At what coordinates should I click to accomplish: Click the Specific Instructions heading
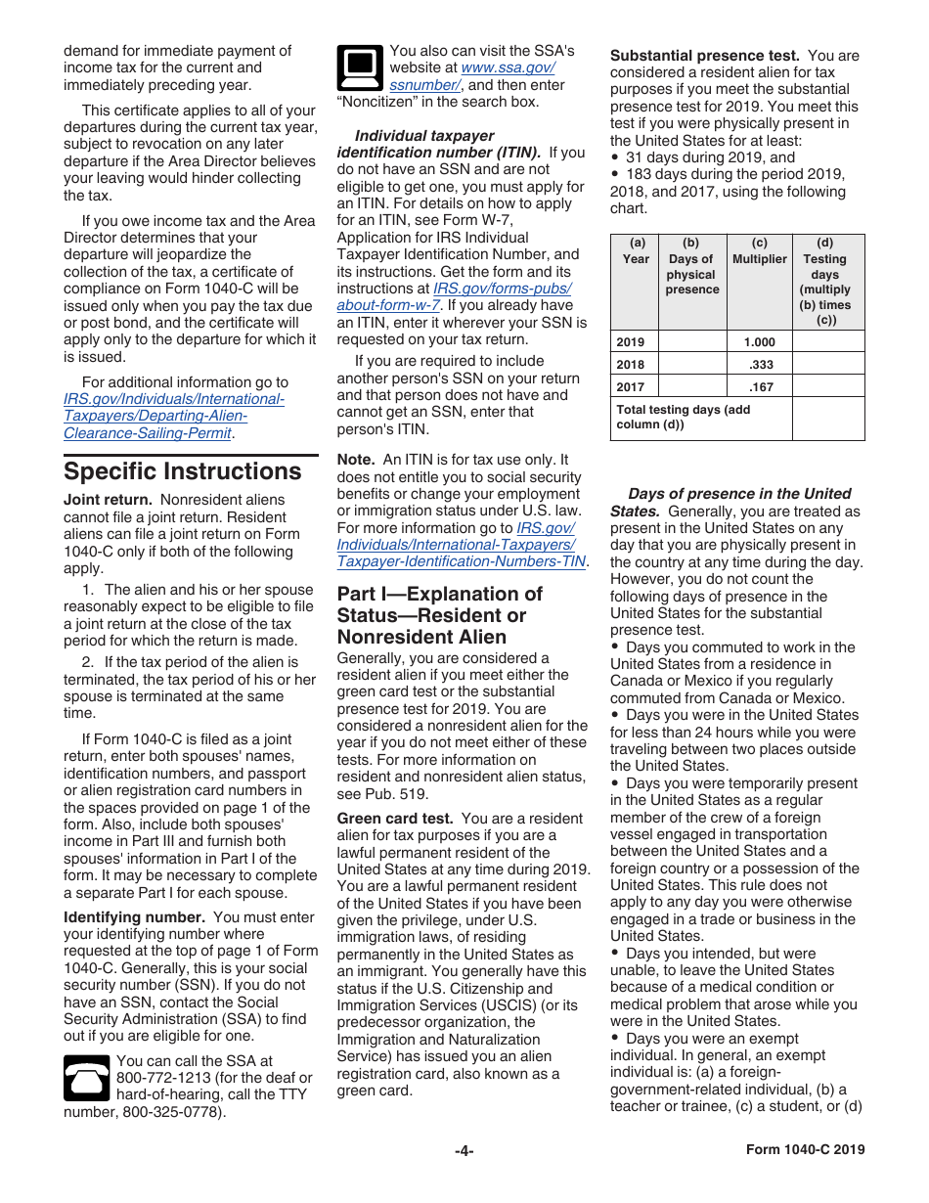tap(182, 471)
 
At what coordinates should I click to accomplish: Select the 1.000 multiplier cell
tap(759, 342)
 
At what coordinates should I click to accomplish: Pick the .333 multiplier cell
tap(759, 364)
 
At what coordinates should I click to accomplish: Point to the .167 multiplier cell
tap(759, 386)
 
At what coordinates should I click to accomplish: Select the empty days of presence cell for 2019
tap(692, 342)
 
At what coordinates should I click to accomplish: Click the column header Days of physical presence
tap(691, 267)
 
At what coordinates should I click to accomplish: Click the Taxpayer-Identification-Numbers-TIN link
tap(461, 561)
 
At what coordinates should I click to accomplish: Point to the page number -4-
tap(464, 1151)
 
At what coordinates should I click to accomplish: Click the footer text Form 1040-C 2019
tap(805, 1150)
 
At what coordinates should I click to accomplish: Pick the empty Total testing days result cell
tap(828, 418)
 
